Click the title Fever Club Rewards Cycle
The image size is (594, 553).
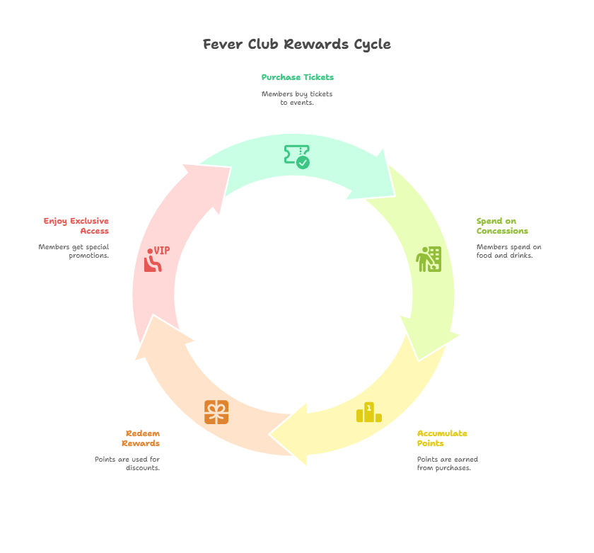click(x=296, y=44)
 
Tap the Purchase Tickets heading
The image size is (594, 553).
click(x=297, y=77)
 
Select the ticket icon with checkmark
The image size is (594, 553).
click(x=297, y=156)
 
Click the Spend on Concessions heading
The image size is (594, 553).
click(x=502, y=226)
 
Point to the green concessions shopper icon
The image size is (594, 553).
click(x=429, y=259)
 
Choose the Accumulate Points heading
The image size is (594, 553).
click(x=442, y=438)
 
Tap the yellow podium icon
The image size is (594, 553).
click(x=368, y=412)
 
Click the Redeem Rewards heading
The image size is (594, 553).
click(x=141, y=438)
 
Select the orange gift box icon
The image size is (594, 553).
click(x=216, y=412)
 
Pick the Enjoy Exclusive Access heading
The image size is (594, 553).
click(x=76, y=226)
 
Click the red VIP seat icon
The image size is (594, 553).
click(x=156, y=259)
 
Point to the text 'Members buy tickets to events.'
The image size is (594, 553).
click(x=297, y=98)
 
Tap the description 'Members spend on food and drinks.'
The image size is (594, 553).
click(x=508, y=251)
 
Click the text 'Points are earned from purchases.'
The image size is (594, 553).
click(x=447, y=463)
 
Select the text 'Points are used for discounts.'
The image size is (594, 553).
click(x=128, y=463)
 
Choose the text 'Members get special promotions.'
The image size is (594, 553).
click(x=74, y=251)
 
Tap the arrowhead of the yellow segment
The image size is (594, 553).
click(x=291, y=434)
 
